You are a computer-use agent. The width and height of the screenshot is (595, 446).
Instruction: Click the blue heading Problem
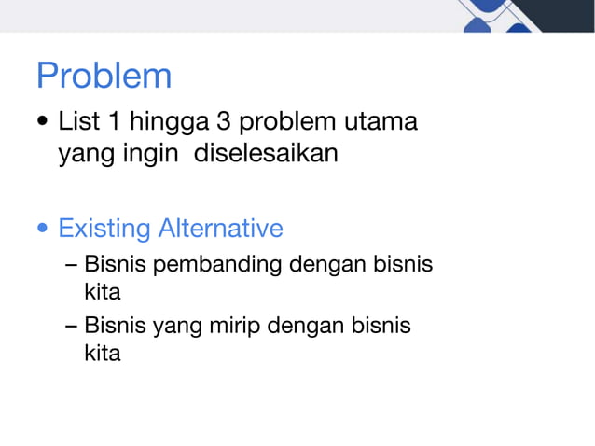coord(104,76)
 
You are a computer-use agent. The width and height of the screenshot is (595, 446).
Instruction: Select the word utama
coord(381,122)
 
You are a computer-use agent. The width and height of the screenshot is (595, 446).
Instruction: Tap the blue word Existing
coord(104,229)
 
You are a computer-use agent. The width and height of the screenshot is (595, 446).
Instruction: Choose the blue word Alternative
coord(220,228)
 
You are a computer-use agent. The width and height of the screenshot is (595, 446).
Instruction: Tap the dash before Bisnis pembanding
coord(72,265)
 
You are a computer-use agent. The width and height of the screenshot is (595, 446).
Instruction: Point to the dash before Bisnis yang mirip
coord(72,326)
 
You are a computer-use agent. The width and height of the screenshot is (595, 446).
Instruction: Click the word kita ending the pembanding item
coord(103,293)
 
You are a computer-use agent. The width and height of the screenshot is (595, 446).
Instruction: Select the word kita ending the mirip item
coord(103,355)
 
